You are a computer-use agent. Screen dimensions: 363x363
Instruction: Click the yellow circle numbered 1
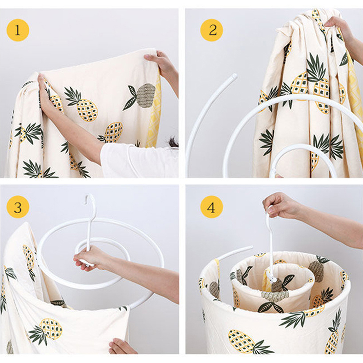pos(18,30)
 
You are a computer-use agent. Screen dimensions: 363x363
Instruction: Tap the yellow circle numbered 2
pos(211,30)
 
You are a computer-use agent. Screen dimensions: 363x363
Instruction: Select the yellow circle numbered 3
pos(18,207)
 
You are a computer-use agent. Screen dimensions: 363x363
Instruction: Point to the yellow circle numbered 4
pos(211,207)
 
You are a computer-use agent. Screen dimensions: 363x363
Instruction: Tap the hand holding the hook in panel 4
pos(281,206)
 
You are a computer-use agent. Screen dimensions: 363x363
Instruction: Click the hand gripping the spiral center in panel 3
pos(90,257)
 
